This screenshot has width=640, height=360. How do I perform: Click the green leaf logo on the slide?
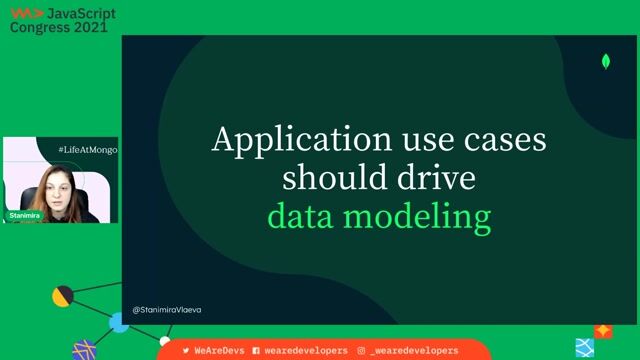pos(606,62)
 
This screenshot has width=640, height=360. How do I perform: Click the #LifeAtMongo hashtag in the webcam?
pos(88,148)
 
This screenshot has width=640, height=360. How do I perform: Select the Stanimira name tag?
pos(24,216)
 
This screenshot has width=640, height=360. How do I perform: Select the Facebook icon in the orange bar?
pos(256,351)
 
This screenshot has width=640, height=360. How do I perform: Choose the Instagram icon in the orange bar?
pos(361,351)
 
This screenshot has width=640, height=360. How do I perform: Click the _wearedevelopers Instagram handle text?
pos(414,351)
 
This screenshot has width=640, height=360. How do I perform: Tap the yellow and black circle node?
pos(62,296)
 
